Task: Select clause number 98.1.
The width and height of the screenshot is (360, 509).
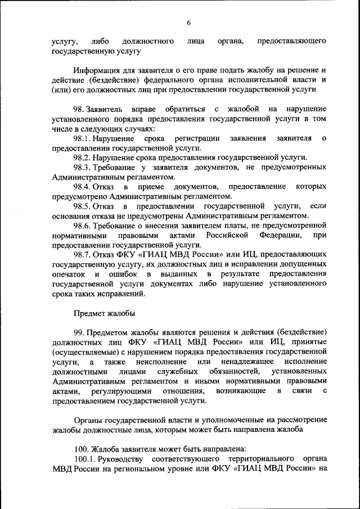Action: [x=84, y=138]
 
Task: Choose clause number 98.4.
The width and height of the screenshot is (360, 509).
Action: [x=83, y=187]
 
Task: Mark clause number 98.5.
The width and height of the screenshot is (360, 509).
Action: [x=83, y=206]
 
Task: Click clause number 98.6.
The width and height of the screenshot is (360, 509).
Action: [x=83, y=226]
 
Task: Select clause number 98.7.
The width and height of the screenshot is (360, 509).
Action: [x=83, y=255]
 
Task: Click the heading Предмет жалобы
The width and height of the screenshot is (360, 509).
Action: [x=103, y=313]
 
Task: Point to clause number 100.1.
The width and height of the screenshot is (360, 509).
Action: [x=86, y=459]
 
